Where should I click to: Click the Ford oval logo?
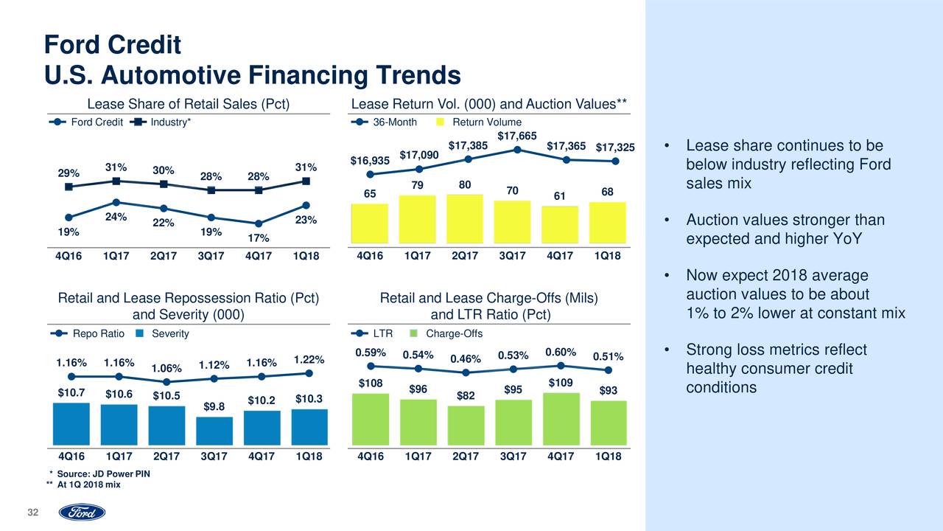(82, 513)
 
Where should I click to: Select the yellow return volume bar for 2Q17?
(465, 219)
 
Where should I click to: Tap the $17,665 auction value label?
(516, 135)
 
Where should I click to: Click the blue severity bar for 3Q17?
(215, 431)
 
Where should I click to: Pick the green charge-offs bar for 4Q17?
(561, 419)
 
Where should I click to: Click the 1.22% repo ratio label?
(309, 360)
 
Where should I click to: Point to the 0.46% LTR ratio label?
(465, 359)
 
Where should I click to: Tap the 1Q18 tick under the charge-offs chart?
(608, 457)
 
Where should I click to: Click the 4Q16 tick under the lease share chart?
(69, 257)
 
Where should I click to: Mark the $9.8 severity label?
(214, 406)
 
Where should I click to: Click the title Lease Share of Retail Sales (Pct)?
(189, 103)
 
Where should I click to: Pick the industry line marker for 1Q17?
(116, 181)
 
